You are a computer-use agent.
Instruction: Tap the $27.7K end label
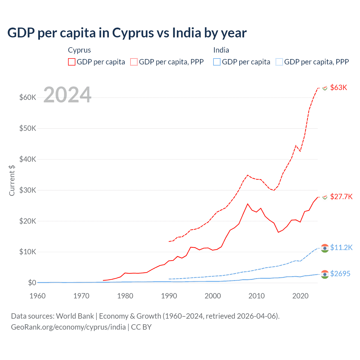pyautogui.click(x=341, y=197)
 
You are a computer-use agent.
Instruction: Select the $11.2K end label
pyautogui.click(x=341, y=247)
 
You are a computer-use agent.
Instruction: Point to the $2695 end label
pyautogui.click(x=340, y=274)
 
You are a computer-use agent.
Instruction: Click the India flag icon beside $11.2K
pyautogui.click(x=325, y=248)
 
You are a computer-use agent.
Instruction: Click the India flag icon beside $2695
pyautogui.click(x=325, y=274)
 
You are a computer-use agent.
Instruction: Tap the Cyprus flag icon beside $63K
pyautogui.click(x=325, y=88)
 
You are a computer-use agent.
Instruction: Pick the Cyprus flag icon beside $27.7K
pyautogui.click(x=325, y=197)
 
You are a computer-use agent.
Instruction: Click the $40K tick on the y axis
pyautogui.click(x=28, y=159)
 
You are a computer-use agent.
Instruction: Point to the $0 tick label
pyautogui.click(x=32, y=283)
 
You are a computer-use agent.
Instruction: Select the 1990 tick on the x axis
pyautogui.click(x=169, y=296)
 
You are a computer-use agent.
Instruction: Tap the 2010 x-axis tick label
pyautogui.click(x=256, y=296)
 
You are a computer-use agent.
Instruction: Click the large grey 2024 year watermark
pyautogui.click(x=67, y=95)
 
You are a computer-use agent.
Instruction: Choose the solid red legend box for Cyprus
pyautogui.click(x=72, y=62)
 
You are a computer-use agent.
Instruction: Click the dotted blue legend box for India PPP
pyautogui.click(x=279, y=62)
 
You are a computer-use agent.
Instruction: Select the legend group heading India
pyautogui.click(x=221, y=50)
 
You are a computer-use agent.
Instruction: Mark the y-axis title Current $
pyautogui.click(x=12, y=180)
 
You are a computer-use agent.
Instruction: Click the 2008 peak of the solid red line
pyautogui.click(x=247, y=204)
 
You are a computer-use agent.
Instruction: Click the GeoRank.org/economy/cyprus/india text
pyautogui.click(x=68, y=327)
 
